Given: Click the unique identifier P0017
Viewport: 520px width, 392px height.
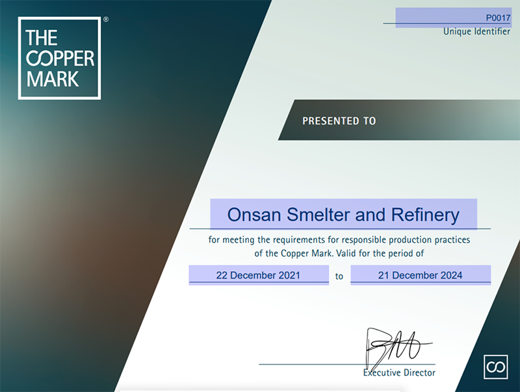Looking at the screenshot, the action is click(x=498, y=18).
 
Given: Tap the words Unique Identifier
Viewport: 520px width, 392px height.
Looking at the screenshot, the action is click(x=476, y=31).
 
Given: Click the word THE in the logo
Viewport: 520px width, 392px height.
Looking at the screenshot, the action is click(x=42, y=38).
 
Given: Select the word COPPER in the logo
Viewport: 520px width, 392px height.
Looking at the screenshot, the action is click(x=60, y=58).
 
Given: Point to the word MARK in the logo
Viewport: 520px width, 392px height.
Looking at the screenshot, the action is click(x=53, y=79).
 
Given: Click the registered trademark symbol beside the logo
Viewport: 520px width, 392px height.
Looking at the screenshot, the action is click(x=106, y=19).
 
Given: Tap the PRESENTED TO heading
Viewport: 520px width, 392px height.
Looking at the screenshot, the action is click(x=339, y=121).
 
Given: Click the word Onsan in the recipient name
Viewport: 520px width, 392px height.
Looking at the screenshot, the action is click(x=254, y=215).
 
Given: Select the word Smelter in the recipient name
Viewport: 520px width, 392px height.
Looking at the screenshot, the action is click(x=318, y=215).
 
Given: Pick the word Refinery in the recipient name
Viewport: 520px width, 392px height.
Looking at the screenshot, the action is click(x=426, y=215).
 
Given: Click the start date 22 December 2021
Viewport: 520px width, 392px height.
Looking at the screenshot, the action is click(x=258, y=275).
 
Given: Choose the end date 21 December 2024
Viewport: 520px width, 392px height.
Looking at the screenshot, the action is click(x=420, y=275).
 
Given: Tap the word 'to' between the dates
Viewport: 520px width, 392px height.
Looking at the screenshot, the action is click(x=339, y=276).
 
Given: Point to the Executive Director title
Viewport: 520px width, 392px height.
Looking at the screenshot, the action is click(x=399, y=373).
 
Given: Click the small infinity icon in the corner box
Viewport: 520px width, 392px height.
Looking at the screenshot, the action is click(x=496, y=367).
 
